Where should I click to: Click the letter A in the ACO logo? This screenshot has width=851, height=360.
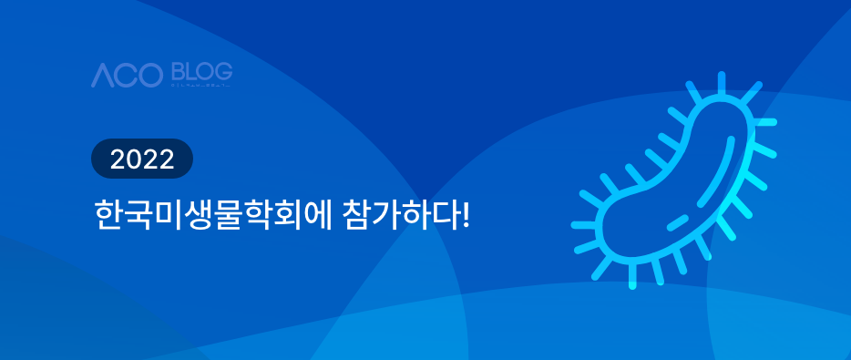tap(102, 77)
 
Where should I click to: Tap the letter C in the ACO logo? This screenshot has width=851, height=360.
tap(127, 77)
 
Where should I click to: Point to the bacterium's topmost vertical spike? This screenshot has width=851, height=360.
tap(721, 83)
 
